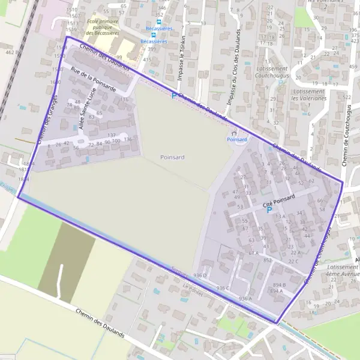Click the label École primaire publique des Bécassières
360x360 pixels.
click(x=103, y=27)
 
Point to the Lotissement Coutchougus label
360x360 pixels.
click(x=271, y=72)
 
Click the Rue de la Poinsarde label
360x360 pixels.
click(x=93, y=79)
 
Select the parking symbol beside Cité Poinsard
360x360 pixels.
click(x=269, y=211)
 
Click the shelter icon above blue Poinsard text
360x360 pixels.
click(x=234, y=133)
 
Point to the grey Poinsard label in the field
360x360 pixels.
click(x=173, y=157)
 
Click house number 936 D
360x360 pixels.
click(x=200, y=275)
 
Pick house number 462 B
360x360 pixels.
click(x=10, y=53)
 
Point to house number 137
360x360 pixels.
click(x=112, y=135)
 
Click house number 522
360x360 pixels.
click(x=346, y=97)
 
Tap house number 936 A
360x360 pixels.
click(x=245, y=298)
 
